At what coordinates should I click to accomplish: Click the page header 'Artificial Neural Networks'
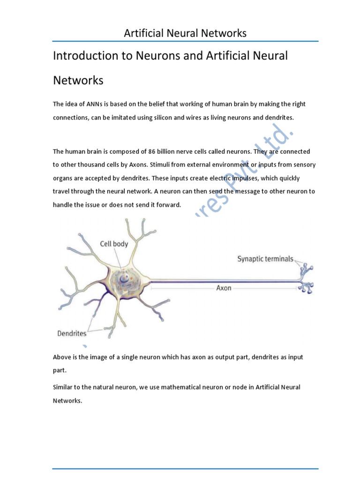(185, 33)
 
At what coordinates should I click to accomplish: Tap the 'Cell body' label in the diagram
(114, 244)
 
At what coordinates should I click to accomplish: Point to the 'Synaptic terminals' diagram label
(265, 259)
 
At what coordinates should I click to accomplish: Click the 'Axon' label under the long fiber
(224, 288)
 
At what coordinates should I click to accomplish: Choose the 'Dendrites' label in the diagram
(72, 334)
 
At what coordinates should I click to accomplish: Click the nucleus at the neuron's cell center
(126, 280)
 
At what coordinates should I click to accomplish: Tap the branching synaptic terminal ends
(307, 279)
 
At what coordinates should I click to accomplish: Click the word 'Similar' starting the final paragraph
(63, 387)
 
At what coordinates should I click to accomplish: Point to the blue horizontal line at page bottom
(185, 455)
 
